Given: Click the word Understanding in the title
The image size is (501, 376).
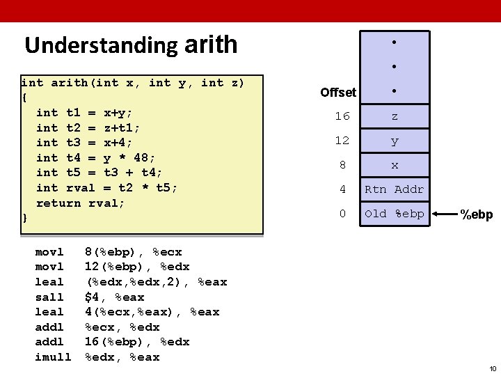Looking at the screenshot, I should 102,45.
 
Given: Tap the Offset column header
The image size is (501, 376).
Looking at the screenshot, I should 338,92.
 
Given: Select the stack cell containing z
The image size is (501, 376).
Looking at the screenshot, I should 395,116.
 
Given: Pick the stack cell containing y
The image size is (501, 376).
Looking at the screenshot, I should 395,141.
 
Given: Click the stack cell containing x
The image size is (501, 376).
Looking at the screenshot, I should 395,165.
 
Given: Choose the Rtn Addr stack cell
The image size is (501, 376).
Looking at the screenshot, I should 395,189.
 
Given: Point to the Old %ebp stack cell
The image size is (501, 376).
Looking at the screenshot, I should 395,214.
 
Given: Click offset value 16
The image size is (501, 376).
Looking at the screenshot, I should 342,116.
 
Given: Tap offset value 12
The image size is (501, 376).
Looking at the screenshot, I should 342,141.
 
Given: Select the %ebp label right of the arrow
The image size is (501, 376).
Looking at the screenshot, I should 477,215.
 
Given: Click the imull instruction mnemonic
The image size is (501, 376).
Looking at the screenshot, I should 53,357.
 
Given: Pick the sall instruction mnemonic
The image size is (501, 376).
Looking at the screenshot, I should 49,297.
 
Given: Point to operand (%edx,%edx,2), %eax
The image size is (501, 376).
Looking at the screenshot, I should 156,282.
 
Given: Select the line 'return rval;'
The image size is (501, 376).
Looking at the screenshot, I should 80,203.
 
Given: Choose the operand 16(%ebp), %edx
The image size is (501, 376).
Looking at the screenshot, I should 137,342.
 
